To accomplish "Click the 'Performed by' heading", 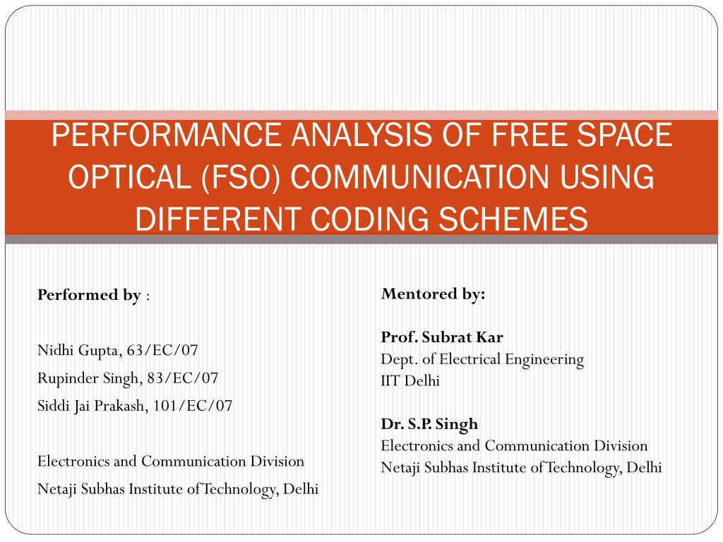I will point(89,295).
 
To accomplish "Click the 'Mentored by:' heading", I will point(434,294).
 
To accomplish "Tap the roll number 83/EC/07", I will point(183,378).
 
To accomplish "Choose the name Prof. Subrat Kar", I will point(442,337).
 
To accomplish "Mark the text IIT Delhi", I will point(410,381).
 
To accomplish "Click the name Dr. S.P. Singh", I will point(429,424).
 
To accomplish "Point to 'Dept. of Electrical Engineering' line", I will point(482,359).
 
